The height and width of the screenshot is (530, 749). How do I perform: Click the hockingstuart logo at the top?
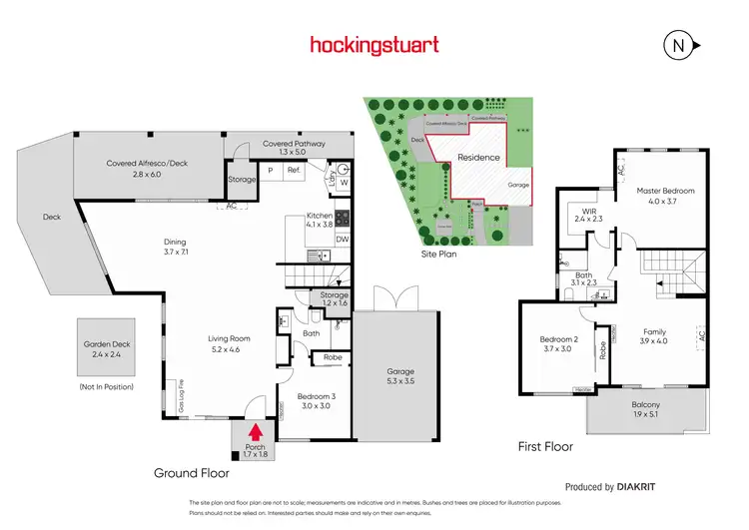click(x=374, y=45)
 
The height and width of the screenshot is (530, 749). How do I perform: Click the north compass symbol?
click(x=677, y=45)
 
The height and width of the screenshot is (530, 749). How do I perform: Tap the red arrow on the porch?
click(x=255, y=432)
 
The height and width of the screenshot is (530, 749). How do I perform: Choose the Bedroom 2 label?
click(x=556, y=344)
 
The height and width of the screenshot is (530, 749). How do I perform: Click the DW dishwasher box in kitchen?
click(x=342, y=240)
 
